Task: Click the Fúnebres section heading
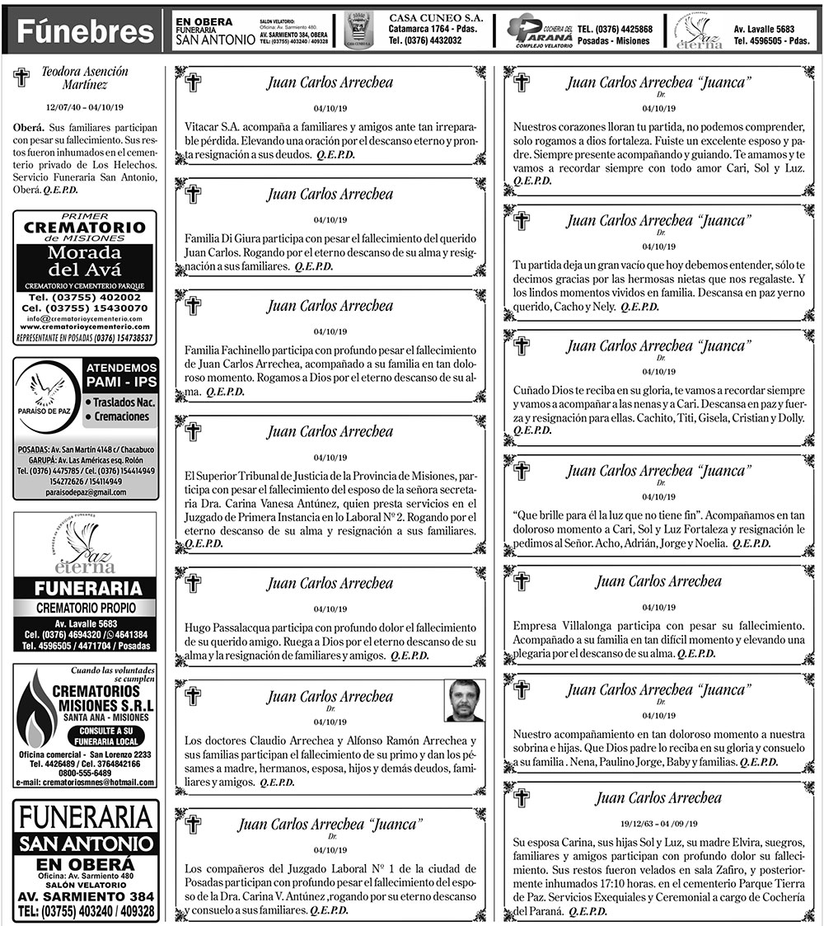(x=86, y=32)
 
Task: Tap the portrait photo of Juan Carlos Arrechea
(x=464, y=700)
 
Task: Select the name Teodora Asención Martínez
(x=85, y=78)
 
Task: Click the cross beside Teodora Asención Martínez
(x=22, y=78)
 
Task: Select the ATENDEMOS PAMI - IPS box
(x=120, y=375)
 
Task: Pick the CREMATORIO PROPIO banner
(x=85, y=606)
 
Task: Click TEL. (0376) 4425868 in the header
(x=615, y=29)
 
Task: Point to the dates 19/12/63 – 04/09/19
(x=658, y=823)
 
